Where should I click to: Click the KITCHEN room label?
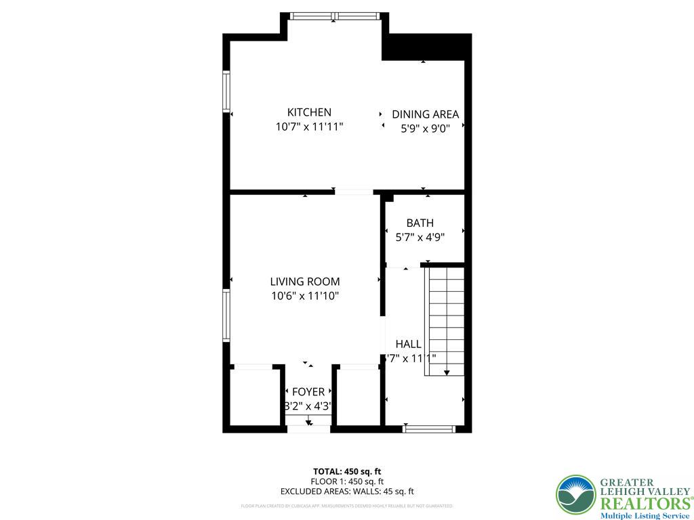(309, 112)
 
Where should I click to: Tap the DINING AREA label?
(425, 114)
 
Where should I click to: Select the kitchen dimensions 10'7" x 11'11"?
(309, 127)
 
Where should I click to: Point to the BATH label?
(420, 223)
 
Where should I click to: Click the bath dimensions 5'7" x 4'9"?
(420, 237)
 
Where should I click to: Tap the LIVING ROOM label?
(304, 282)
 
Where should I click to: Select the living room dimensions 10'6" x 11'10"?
(304, 296)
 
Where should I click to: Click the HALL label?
(408, 344)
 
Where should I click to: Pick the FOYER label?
(308, 392)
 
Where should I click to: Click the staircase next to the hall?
(445, 318)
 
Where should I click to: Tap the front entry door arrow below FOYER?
(308, 422)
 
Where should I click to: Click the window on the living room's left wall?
(227, 316)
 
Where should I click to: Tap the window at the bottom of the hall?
(428, 429)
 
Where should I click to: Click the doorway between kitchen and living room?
(354, 192)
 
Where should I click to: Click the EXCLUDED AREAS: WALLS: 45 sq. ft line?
(346, 492)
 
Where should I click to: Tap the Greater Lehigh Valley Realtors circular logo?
(575, 494)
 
